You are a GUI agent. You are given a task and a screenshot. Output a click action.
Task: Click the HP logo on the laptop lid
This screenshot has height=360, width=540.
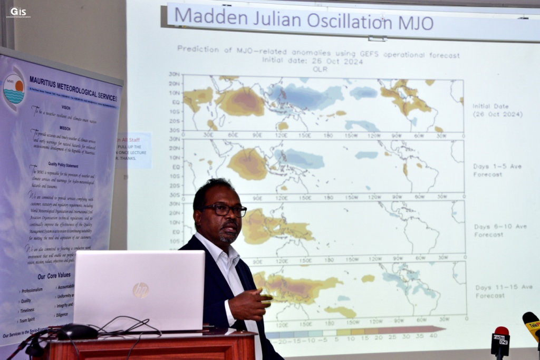coord(140,290)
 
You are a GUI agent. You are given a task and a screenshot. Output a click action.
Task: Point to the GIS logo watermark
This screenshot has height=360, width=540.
coord(18,12)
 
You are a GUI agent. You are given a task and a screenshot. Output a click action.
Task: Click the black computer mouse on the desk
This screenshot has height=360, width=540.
coord(77,332)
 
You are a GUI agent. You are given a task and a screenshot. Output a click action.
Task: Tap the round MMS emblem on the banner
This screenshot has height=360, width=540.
coord(14,88)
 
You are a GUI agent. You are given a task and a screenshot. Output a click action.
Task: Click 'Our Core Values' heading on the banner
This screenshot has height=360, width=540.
coord(55,276)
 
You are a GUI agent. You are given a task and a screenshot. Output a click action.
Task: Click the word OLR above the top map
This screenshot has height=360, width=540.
coord(317,69)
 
